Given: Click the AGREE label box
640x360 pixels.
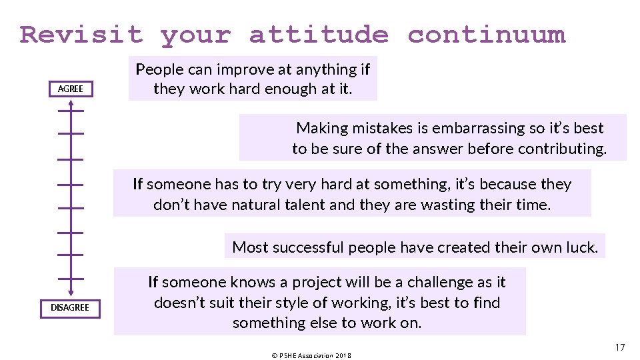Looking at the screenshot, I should [71, 89].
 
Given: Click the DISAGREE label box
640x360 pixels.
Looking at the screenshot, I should [70, 307].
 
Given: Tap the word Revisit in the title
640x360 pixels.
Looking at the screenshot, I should [81, 34].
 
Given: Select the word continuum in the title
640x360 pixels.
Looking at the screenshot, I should [487, 34].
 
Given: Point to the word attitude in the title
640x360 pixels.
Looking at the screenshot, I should [318, 34].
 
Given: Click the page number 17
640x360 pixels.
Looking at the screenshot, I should [620, 347].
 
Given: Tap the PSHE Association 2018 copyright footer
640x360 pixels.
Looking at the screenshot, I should [311, 355].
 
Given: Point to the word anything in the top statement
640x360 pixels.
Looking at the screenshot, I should [319, 69].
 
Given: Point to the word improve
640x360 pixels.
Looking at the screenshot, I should [224, 69].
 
